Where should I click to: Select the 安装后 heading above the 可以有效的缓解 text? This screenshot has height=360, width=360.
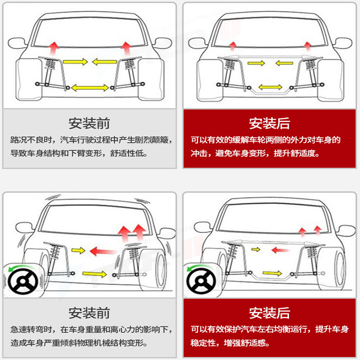tap(269, 123)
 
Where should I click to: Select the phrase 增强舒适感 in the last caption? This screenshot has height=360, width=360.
tap(245, 343)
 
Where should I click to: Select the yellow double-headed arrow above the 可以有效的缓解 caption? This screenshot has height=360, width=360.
tap(270, 86)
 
